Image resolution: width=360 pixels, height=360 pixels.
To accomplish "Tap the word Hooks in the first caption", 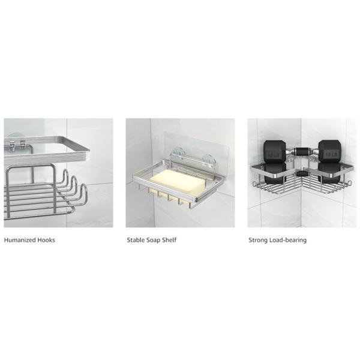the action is point(46,240).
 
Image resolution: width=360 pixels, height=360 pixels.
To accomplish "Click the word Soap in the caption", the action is point(152,240).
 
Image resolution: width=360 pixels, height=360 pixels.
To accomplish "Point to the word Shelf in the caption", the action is point(169,240).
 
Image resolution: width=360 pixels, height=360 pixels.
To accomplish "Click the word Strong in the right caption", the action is point(258,240).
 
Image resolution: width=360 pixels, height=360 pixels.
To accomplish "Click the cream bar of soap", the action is point(177,182).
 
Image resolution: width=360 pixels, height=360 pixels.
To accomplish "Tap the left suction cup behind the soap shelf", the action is point(178,154).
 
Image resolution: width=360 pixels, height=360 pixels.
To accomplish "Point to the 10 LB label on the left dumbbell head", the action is point(274,155).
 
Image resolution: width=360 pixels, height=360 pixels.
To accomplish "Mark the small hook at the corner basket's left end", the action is point(254,184).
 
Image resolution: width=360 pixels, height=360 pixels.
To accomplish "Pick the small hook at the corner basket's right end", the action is point(349,183).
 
